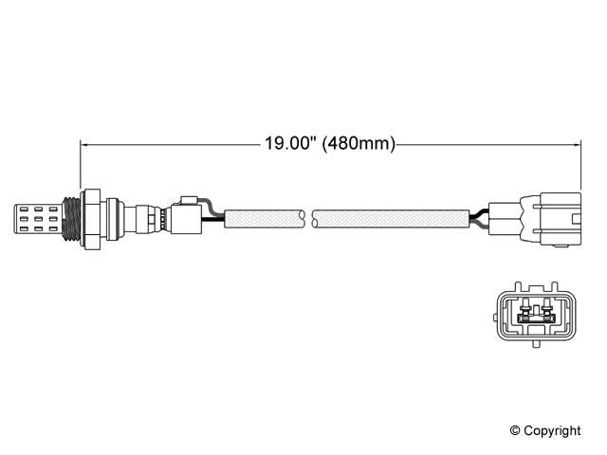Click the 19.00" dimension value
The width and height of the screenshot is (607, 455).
tap(290, 145)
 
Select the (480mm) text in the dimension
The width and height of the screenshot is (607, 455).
tap(359, 145)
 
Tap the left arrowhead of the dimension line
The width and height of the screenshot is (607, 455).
tap(85, 145)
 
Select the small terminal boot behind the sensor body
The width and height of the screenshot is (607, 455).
tap(186, 215)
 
